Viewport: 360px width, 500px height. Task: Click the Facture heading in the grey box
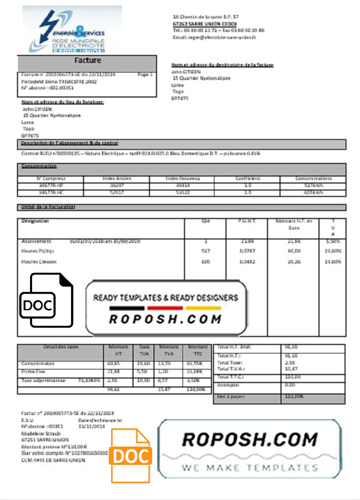(87, 60)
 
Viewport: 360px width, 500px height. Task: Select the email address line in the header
(214, 37)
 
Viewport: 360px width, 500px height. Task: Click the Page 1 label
(144, 74)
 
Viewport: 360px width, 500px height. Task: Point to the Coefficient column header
(248, 178)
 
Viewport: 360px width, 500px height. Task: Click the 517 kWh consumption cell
(313, 185)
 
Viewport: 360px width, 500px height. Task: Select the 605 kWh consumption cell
(313, 192)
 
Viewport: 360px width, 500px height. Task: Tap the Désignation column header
(35, 220)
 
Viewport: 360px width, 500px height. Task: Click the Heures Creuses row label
(39, 261)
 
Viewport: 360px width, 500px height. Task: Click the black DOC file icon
(46, 300)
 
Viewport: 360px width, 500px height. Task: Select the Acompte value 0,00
(290, 385)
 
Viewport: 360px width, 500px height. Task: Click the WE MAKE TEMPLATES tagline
(249, 468)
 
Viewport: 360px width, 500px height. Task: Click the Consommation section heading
(39, 166)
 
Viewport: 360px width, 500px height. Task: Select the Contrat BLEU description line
(140, 153)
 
